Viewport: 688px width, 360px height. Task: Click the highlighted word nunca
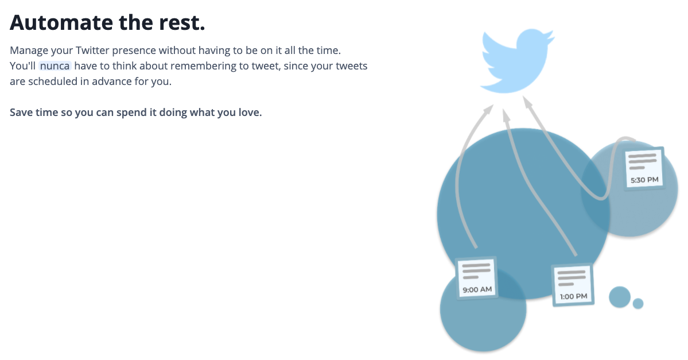click(55, 66)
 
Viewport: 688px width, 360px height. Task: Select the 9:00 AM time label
click(477, 289)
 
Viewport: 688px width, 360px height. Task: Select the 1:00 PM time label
click(573, 296)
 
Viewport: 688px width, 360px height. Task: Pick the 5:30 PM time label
click(644, 180)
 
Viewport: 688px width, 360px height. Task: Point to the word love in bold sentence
click(250, 112)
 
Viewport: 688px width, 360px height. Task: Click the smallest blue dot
click(638, 303)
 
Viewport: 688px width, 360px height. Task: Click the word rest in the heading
click(183, 23)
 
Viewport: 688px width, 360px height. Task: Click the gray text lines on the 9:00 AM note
click(476, 270)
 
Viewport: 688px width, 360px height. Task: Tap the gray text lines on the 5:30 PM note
click(643, 161)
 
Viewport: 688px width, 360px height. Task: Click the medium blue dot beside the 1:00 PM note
click(619, 297)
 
